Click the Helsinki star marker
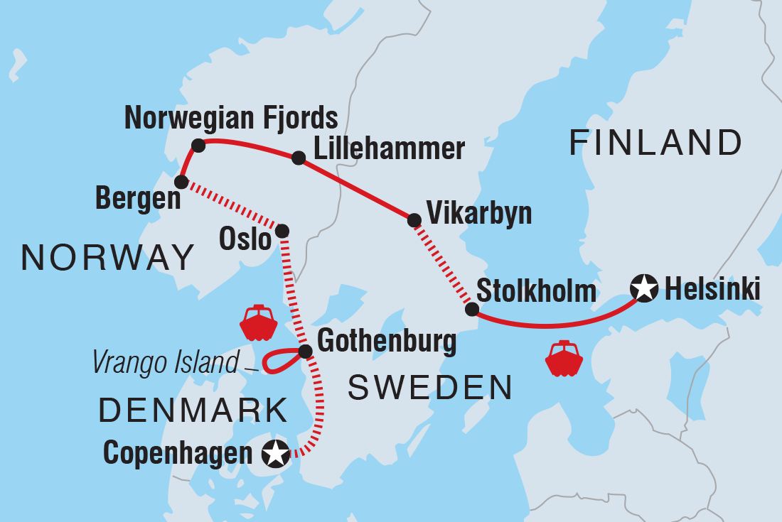[643, 289]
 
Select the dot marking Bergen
[181, 183]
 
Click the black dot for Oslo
[282, 231]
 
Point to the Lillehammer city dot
[299, 158]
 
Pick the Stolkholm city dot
[471, 309]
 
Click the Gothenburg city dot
[305, 351]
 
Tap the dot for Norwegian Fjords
[198, 146]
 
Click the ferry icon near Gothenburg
[258, 324]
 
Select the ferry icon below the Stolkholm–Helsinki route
[564, 359]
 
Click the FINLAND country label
[655, 143]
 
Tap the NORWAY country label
[108, 257]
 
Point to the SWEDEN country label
[431, 388]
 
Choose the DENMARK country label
[193, 410]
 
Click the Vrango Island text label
[165, 364]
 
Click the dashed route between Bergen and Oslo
[232, 207]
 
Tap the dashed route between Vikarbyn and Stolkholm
[442, 265]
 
